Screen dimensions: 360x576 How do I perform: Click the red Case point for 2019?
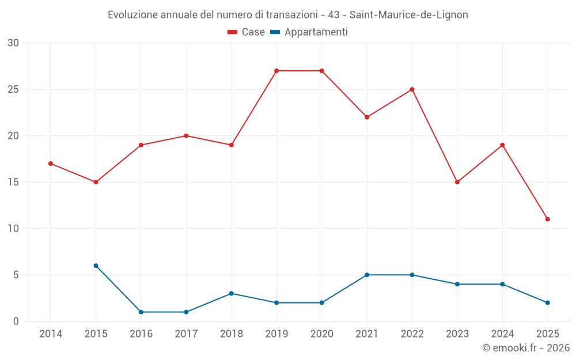coord(276,71)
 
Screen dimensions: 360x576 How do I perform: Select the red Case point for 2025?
coord(547,219)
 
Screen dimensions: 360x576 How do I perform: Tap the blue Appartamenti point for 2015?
coord(96,266)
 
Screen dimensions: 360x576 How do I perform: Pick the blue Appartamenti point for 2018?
coord(231,293)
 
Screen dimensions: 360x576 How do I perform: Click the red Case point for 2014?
coord(51,164)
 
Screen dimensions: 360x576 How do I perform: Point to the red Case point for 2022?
coord(412,89)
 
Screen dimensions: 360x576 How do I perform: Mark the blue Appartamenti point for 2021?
coord(367,275)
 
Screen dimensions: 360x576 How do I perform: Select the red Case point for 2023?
coord(457,182)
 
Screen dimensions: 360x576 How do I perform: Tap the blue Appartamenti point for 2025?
coord(547,302)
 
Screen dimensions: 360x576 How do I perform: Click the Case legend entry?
coord(247,32)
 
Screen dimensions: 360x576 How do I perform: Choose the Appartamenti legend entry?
coord(309,32)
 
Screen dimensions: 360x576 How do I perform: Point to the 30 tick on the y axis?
coord(13,43)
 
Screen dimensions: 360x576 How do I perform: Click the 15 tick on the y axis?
coord(13,182)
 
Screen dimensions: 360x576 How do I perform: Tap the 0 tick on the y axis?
coord(16,321)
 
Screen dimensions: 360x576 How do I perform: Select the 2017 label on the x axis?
coord(186,334)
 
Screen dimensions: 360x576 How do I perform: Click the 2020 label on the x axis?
coord(321,334)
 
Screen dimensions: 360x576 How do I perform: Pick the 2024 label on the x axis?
coord(502,334)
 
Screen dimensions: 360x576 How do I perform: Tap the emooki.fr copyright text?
coord(526,348)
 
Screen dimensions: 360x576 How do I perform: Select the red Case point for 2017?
coord(186,136)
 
